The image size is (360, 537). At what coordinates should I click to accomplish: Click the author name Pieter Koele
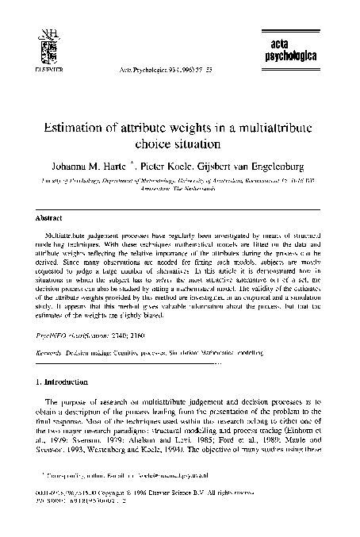coord(167,166)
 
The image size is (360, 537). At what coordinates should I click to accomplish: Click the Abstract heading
coord(49,215)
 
